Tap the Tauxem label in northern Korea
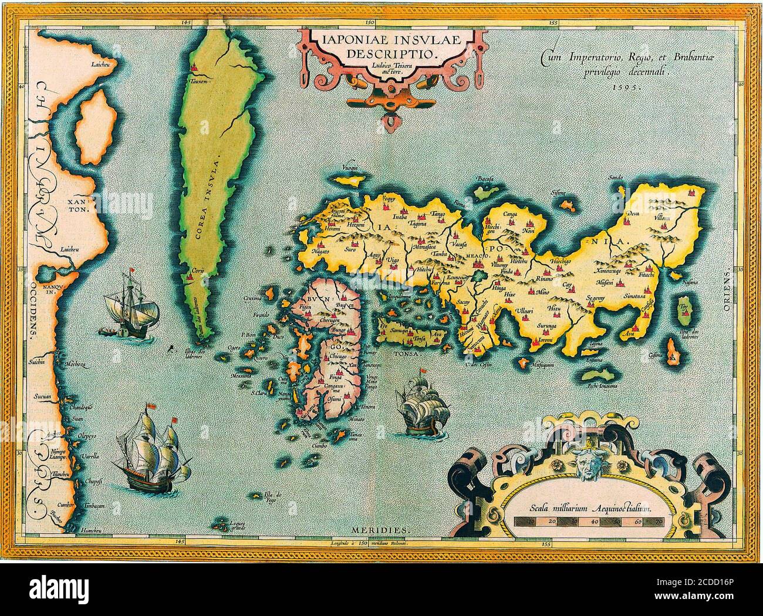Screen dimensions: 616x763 pyautogui.click(x=194, y=82)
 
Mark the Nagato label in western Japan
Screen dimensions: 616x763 pyautogui.click(x=321, y=251)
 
